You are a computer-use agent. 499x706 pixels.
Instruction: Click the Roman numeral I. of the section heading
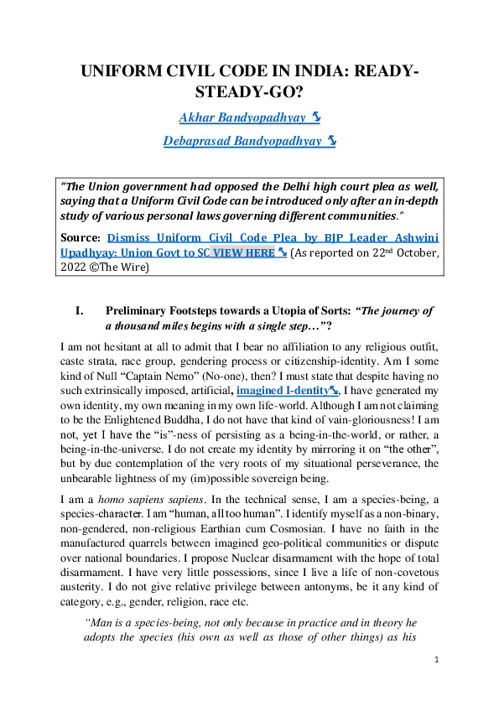click(x=80, y=311)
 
